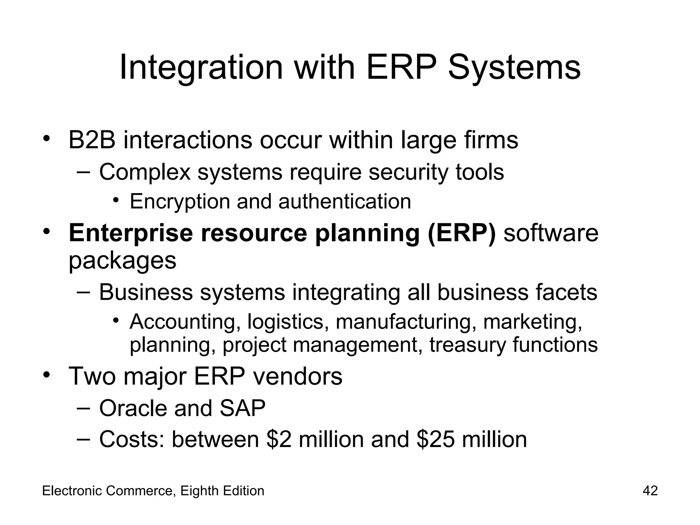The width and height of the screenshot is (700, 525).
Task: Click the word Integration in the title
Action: coord(201,68)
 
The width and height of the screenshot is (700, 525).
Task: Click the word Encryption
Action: coord(180,201)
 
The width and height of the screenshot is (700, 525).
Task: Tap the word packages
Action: coord(122,261)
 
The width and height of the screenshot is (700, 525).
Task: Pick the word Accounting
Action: coord(185,322)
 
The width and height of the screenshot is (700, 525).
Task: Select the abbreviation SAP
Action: coord(242,408)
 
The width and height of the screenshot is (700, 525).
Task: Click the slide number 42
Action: coord(650,491)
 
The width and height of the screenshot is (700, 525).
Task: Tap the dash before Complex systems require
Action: coord(83,171)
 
